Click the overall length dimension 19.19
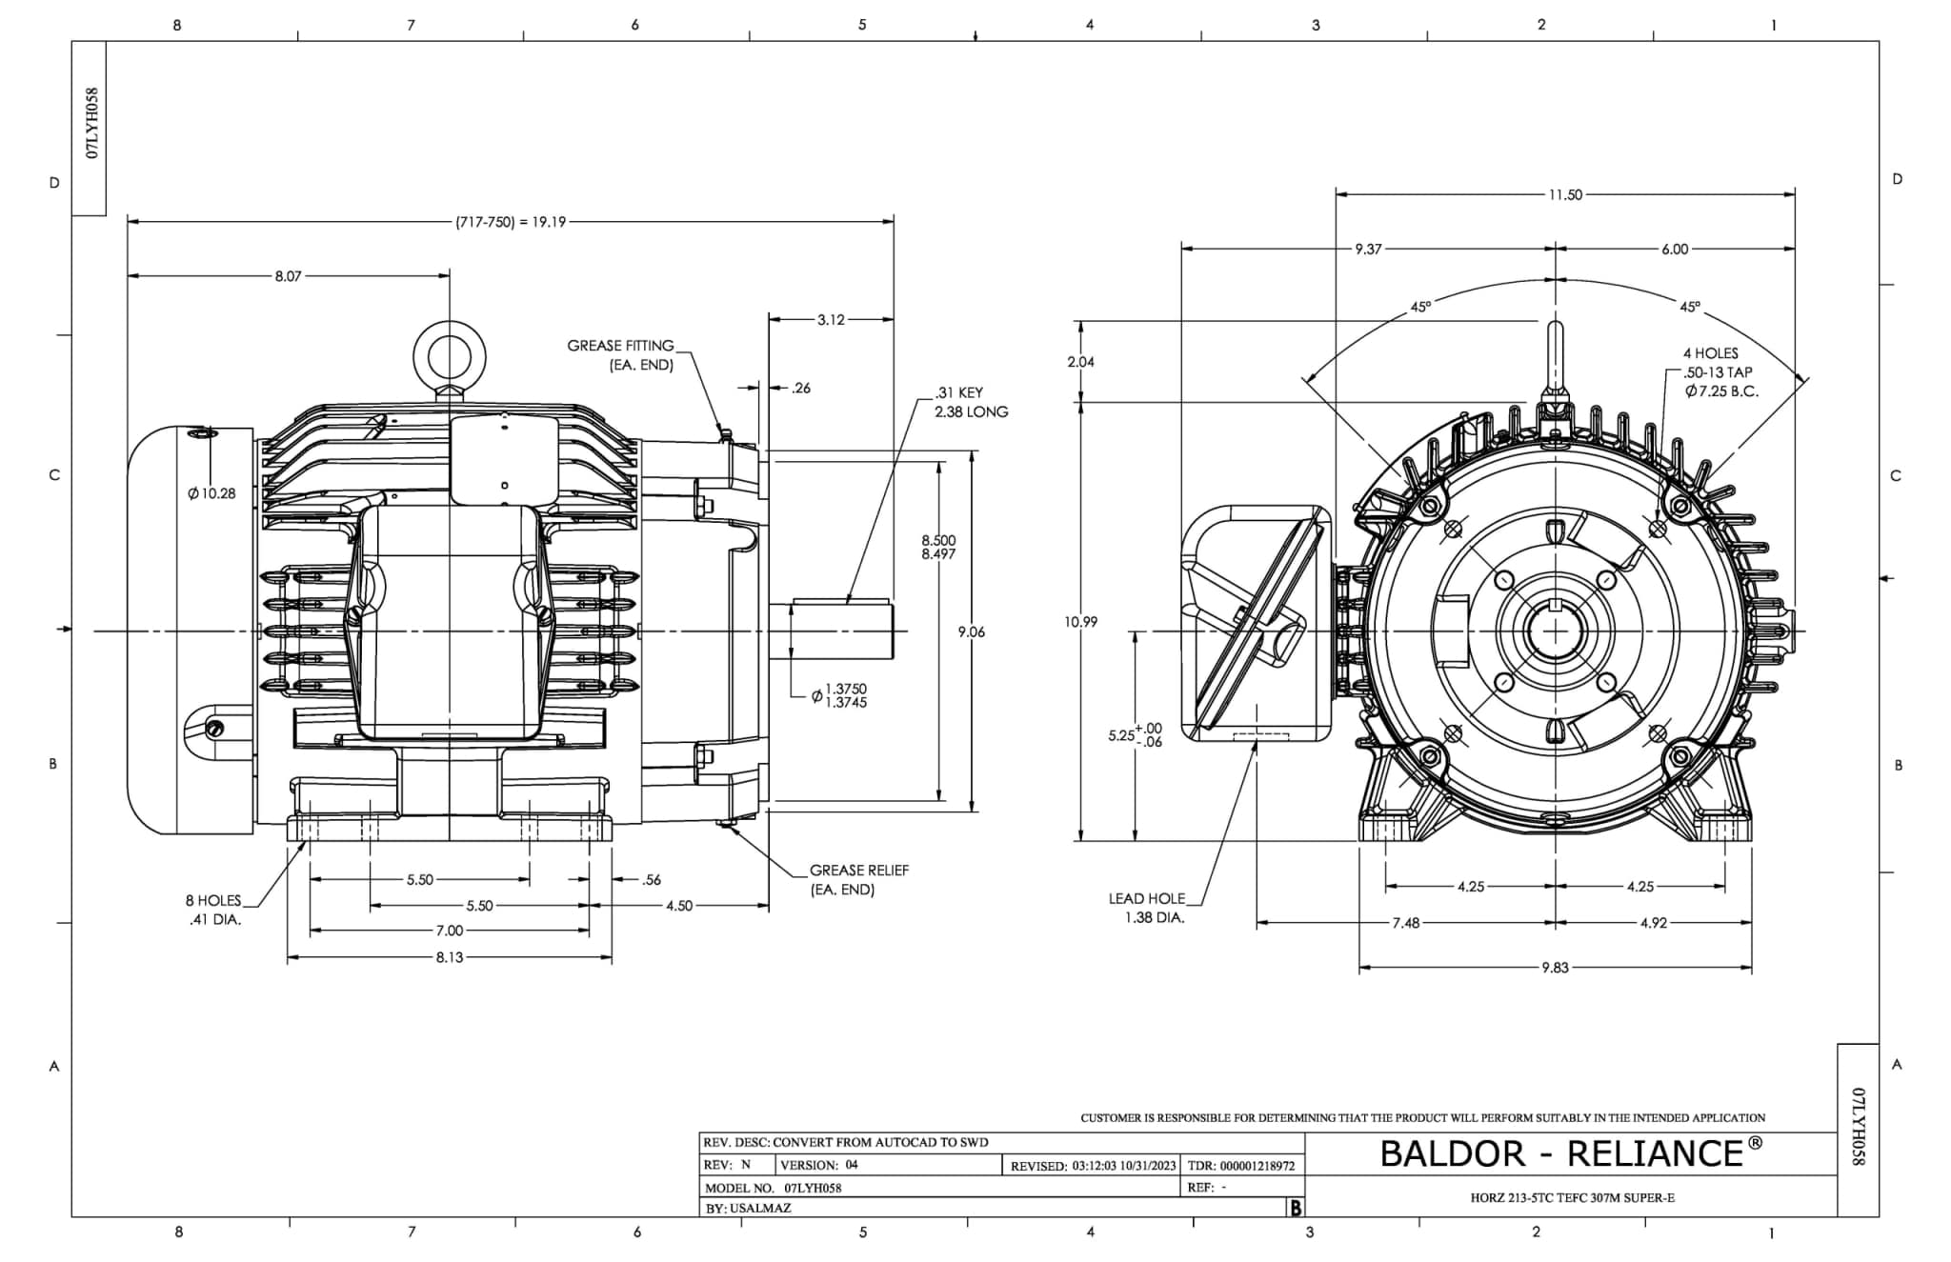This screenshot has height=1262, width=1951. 511,222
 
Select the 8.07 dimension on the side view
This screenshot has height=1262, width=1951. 288,276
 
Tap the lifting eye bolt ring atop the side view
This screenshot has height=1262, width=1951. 449,357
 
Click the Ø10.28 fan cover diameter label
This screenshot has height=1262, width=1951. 211,493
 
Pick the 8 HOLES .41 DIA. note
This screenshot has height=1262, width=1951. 213,910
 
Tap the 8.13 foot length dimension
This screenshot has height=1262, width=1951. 449,957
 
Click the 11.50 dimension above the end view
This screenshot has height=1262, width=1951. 1564,194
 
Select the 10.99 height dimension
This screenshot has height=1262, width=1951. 1080,622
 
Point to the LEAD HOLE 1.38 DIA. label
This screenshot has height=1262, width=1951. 1148,908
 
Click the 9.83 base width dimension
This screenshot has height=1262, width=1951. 1554,968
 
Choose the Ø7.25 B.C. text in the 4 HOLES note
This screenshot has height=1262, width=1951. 1721,391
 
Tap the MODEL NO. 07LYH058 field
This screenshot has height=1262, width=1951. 773,1188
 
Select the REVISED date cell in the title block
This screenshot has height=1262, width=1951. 1093,1166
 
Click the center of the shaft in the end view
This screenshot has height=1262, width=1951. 1555,631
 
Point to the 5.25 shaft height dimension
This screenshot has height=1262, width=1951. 1135,735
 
